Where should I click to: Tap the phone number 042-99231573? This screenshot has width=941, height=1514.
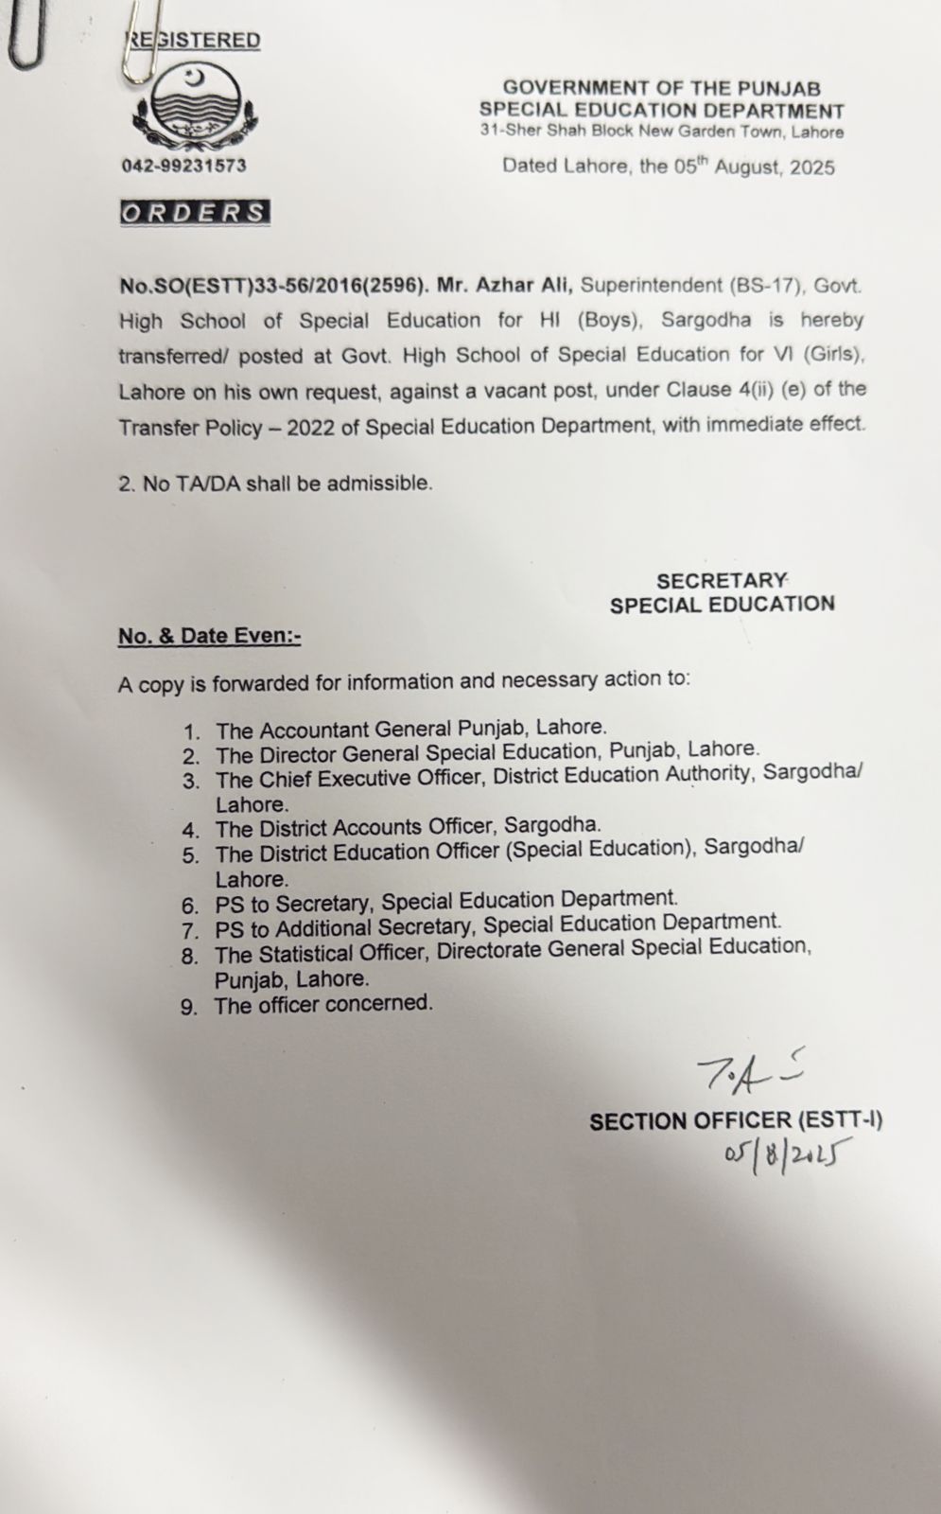click(183, 166)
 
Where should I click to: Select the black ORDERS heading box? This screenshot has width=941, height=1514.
click(195, 212)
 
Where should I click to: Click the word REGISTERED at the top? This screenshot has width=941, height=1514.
click(194, 40)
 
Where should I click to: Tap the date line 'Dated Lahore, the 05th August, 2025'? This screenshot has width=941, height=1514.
click(669, 167)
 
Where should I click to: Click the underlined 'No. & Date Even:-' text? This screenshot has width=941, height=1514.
click(209, 636)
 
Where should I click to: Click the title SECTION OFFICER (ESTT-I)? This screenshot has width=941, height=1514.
click(735, 1121)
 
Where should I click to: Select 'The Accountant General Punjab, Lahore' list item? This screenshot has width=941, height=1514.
click(410, 729)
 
